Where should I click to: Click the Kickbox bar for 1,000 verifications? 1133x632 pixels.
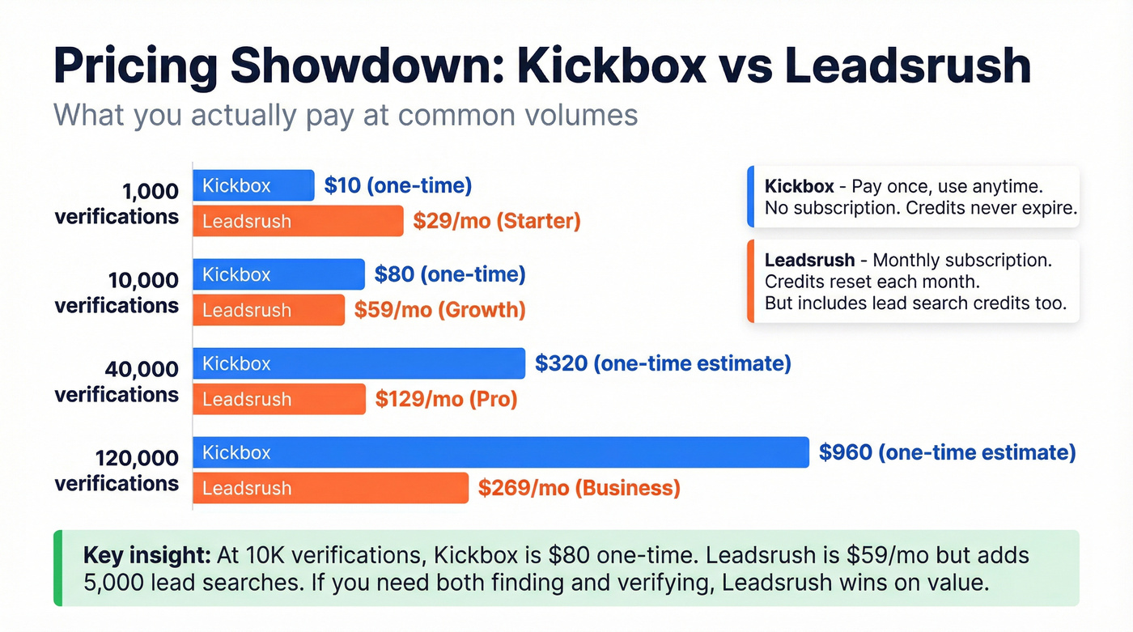click(253, 185)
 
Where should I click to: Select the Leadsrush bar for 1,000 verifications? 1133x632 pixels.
click(298, 221)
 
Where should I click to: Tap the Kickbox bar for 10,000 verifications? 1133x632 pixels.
click(278, 274)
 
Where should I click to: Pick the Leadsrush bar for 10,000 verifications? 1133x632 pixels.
click(269, 310)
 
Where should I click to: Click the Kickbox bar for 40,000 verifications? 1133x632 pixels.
click(359, 363)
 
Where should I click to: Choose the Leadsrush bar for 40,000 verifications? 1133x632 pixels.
click(279, 399)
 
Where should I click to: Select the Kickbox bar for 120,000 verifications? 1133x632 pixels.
click(500, 452)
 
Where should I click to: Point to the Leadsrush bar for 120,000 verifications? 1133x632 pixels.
click(330, 488)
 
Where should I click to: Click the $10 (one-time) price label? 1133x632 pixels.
click(397, 185)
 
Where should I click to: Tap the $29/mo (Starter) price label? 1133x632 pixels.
click(496, 221)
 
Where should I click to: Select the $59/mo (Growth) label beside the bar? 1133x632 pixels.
click(439, 310)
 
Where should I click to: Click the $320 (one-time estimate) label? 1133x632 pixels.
click(663, 363)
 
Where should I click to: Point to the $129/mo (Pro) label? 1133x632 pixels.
click(446, 399)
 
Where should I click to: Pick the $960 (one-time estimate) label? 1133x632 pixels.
click(947, 452)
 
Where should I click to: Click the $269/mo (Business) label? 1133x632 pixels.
click(579, 488)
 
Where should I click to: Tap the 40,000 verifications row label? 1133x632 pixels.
click(117, 381)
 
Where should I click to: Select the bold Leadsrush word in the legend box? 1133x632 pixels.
click(809, 261)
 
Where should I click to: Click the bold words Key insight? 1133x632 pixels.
click(146, 556)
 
